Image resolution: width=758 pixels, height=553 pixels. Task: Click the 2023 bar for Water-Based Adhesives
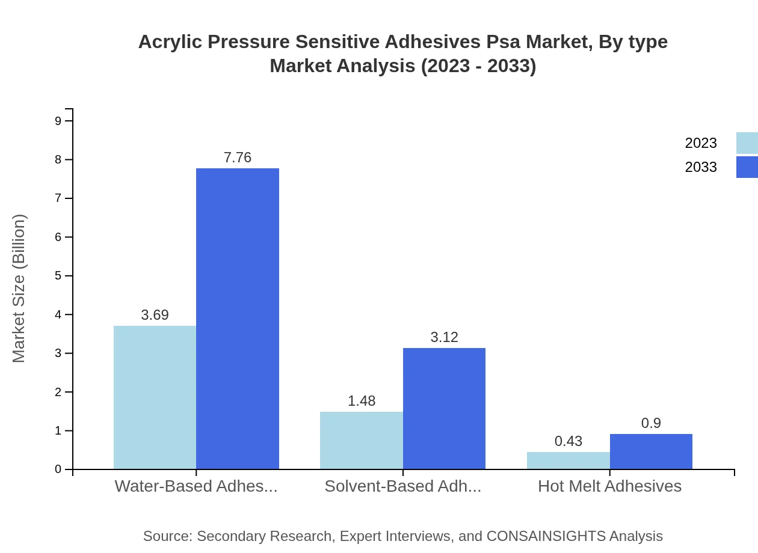click(x=155, y=397)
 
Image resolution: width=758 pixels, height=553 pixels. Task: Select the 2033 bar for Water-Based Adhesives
click(x=238, y=319)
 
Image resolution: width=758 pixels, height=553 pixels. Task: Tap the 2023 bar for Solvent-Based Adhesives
click(x=362, y=440)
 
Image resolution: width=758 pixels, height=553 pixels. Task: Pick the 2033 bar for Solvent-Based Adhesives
click(x=444, y=408)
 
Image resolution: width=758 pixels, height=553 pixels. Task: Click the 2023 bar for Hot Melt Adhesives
click(x=568, y=460)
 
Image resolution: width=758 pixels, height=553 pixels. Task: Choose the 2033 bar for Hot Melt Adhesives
click(x=651, y=451)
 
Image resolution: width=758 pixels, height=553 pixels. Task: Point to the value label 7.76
click(x=238, y=157)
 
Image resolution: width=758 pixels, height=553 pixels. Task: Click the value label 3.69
click(x=155, y=315)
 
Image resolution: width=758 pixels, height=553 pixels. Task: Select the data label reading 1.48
click(x=362, y=401)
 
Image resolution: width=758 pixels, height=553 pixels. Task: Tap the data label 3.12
click(x=444, y=337)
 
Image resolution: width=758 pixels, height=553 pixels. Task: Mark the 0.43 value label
click(x=568, y=441)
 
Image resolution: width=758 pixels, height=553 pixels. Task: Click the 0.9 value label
click(x=651, y=423)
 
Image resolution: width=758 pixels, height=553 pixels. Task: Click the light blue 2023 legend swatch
click(x=747, y=143)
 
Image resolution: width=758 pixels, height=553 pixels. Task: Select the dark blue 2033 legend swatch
click(x=747, y=167)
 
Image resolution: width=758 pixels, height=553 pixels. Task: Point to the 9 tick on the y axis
click(x=58, y=121)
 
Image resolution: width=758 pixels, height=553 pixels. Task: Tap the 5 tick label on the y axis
click(x=58, y=276)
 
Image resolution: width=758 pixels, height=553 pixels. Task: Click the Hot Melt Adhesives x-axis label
click(x=609, y=486)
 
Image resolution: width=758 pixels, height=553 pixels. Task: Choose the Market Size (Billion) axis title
click(x=19, y=289)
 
